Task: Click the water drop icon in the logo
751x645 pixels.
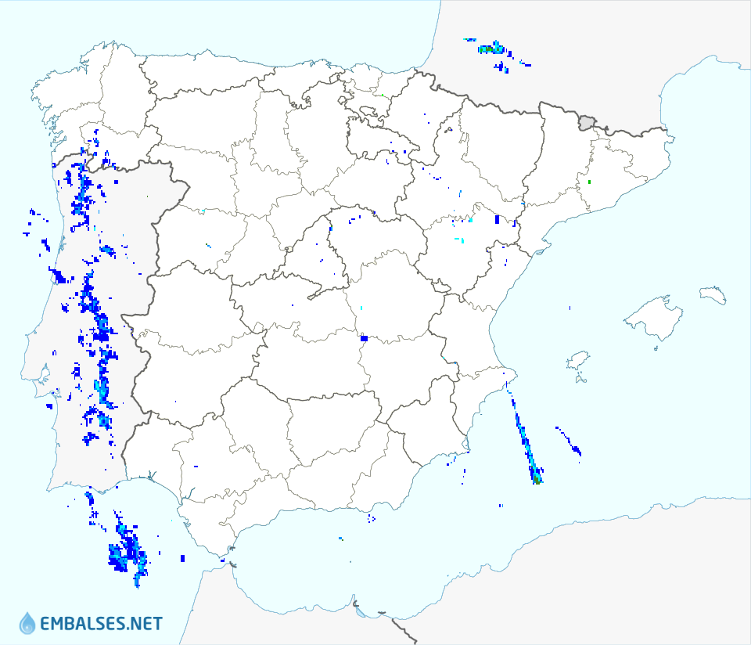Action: pos(27,623)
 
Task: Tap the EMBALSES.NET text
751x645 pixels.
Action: pos(101,624)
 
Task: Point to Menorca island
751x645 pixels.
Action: pos(713,294)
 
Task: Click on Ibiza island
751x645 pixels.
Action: pos(577,361)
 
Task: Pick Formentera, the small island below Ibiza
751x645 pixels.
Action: pos(580,380)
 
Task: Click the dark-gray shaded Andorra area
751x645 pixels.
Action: pos(587,122)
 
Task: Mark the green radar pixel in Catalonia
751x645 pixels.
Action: pos(589,182)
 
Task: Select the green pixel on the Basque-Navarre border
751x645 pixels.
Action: pos(381,95)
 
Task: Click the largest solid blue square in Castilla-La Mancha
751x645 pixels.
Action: pos(364,338)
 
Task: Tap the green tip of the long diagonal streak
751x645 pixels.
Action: pos(537,481)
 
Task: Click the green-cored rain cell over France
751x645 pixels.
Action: pos(493,49)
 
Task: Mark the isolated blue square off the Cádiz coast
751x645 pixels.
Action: pos(182,558)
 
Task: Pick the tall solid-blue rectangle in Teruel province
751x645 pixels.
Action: pos(497,220)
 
